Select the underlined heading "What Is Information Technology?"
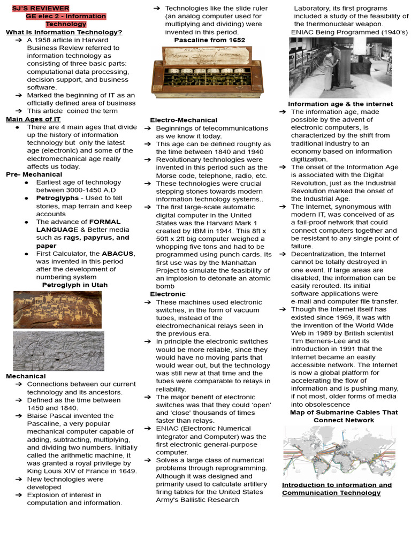(64, 32)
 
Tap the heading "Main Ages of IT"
(33, 119)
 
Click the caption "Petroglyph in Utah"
(74, 285)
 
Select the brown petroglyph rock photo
(57, 309)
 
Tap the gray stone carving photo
(58, 351)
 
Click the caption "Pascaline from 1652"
(209, 40)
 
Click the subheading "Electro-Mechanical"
(184, 120)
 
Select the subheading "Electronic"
(168, 294)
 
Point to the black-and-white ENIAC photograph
(340, 67)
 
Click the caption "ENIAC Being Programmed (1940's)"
(349, 32)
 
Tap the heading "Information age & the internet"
(340, 104)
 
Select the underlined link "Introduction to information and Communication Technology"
(337, 489)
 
